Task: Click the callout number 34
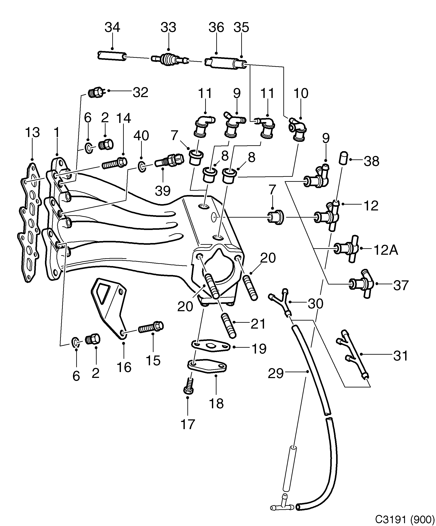(112, 28)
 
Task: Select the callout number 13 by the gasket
(32, 132)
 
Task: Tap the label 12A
(386, 250)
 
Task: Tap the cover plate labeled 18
(207, 367)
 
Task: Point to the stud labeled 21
(228, 326)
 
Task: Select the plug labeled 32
(96, 93)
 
